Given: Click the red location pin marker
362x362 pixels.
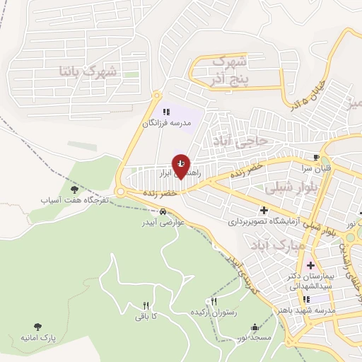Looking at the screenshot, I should tap(181, 166).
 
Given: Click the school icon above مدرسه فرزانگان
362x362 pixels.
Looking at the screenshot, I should tap(167, 112).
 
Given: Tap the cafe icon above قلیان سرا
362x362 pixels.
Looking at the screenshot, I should tap(316, 157).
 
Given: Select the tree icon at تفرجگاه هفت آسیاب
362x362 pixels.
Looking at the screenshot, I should tap(74, 189).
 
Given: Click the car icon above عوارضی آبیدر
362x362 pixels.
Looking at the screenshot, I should tap(163, 211).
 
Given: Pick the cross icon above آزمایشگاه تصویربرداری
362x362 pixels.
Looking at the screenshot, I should tap(264, 210).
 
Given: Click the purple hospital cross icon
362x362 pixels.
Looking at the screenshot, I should tap(310, 265).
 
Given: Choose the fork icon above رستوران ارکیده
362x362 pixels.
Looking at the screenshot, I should tap(208, 300).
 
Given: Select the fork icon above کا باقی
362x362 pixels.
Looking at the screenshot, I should tap(146, 305).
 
